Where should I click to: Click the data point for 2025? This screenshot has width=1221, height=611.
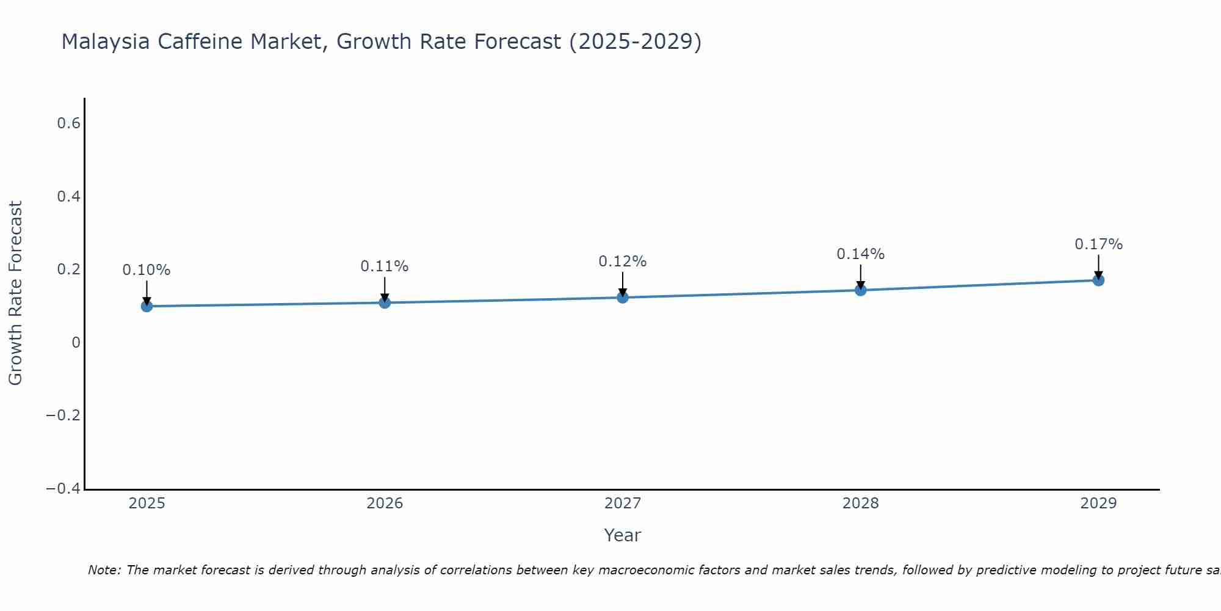click(147, 305)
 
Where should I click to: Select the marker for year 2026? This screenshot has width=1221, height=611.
click(385, 302)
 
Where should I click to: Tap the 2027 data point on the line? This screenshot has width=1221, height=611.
click(623, 297)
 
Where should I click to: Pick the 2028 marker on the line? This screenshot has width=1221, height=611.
click(861, 290)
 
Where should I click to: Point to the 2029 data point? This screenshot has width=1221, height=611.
click(1098, 280)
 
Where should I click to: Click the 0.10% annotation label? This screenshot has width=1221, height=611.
click(147, 270)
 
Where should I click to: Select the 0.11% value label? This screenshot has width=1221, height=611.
click(385, 266)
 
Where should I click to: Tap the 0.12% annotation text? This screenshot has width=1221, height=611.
click(623, 262)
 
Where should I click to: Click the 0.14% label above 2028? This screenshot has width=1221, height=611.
click(861, 254)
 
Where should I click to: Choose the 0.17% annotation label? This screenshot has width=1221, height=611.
click(1098, 244)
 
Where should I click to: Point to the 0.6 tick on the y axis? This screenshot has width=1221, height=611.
click(69, 123)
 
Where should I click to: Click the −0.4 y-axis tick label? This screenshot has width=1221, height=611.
click(63, 489)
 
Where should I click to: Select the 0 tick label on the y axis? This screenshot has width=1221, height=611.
click(76, 343)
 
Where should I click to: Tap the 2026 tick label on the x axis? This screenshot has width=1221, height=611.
click(385, 503)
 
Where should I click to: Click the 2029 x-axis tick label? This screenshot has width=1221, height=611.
click(1098, 503)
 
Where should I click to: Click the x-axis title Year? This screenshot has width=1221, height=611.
click(623, 535)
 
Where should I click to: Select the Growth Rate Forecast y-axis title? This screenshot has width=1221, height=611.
click(15, 293)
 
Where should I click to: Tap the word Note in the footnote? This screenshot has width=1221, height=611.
click(104, 570)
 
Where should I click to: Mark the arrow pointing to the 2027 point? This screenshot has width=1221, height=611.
click(623, 284)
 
